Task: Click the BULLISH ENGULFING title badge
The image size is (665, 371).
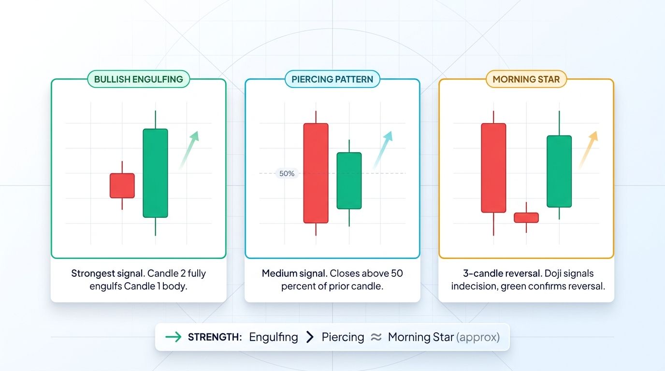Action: tap(138, 79)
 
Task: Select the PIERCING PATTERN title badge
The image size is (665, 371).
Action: tap(332, 79)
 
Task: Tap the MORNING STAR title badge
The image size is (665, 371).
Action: tap(526, 79)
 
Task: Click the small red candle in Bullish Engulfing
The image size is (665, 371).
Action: tap(122, 185)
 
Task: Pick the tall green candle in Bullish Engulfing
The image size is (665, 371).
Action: tap(155, 173)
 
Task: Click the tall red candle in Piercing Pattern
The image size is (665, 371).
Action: tap(316, 173)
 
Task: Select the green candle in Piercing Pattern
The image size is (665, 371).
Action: tap(349, 181)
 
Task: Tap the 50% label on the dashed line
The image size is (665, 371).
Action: tap(287, 173)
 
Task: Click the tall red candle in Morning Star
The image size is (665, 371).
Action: tap(493, 168)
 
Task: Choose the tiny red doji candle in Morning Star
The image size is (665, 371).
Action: tap(526, 217)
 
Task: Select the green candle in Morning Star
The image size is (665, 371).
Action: tap(559, 171)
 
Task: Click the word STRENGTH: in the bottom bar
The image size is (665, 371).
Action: tap(215, 337)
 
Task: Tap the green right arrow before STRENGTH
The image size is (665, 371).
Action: tap(173, 337)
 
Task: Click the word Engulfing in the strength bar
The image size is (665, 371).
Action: tap(274, 337)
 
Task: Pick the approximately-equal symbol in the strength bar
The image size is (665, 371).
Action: tap(376, 337)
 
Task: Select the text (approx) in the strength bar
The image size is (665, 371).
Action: tap(477, 337)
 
